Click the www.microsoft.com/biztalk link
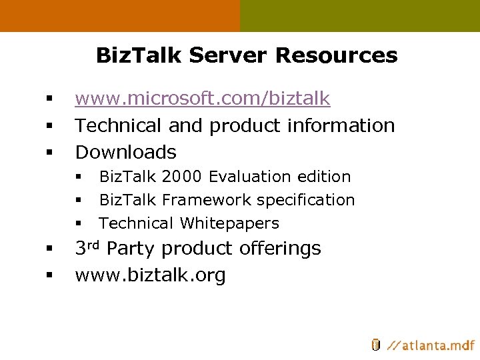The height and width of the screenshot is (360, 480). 202,99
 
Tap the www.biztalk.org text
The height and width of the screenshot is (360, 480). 150,275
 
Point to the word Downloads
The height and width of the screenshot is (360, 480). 125,152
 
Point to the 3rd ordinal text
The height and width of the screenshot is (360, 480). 88,248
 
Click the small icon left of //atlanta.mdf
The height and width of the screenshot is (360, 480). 375,345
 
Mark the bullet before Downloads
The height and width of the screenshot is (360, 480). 49,153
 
